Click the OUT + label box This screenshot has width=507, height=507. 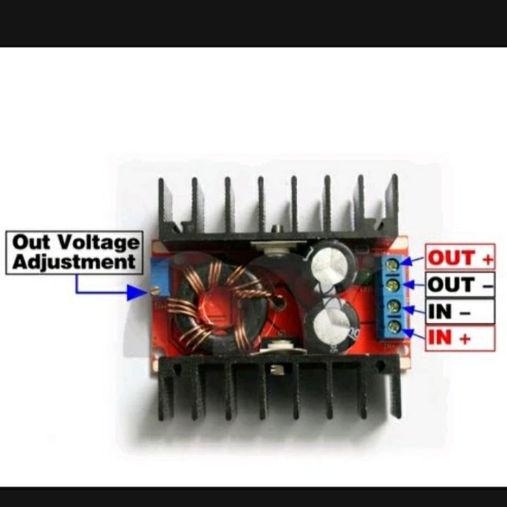459,257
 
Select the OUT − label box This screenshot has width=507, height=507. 459,285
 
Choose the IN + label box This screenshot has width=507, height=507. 459,338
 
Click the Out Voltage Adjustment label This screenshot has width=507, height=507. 74,252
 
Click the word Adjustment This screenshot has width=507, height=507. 74,262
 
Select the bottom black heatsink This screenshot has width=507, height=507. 279,387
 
